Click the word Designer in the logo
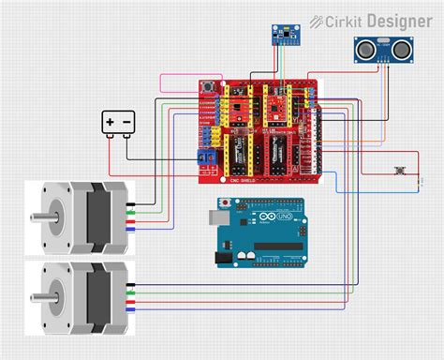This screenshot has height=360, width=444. tap(400, 20)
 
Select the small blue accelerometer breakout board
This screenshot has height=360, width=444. tap(284, 35)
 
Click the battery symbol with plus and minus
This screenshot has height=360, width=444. tap(118, 122)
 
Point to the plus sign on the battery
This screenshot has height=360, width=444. tap(111, 121)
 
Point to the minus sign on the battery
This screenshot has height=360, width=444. tap(126, 121)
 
